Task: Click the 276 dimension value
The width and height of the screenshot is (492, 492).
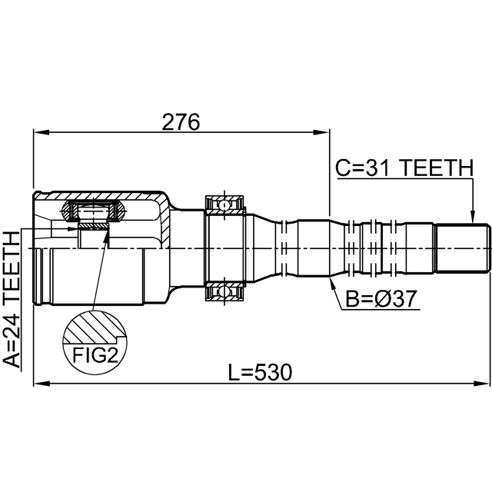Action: [181, 121]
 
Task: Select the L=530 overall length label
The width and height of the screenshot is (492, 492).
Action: [260, 372]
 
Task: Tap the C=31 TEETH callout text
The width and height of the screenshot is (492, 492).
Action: [404, 168]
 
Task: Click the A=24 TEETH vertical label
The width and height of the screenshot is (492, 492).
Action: [12, 299]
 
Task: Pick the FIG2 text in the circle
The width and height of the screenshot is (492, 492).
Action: [95, 355]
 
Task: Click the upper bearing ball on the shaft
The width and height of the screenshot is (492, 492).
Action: [224, 206]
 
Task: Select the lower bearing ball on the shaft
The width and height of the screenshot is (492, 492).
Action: [224, 291]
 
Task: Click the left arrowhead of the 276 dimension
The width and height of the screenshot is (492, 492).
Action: [42, 132]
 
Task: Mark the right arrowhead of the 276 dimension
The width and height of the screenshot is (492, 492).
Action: [321, 132]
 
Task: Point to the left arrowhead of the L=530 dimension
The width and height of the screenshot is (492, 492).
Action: [42, 383]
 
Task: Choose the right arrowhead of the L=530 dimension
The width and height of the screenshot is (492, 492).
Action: [482, 383]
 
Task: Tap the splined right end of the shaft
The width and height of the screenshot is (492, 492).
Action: [463, 248]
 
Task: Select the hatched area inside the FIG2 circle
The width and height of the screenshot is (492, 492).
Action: [94, 327]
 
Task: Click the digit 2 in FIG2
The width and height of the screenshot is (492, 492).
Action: [111, 355]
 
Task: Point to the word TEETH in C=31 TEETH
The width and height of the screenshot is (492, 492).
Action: [437, 168]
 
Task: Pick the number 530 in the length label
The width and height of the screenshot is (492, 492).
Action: [273, 372]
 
